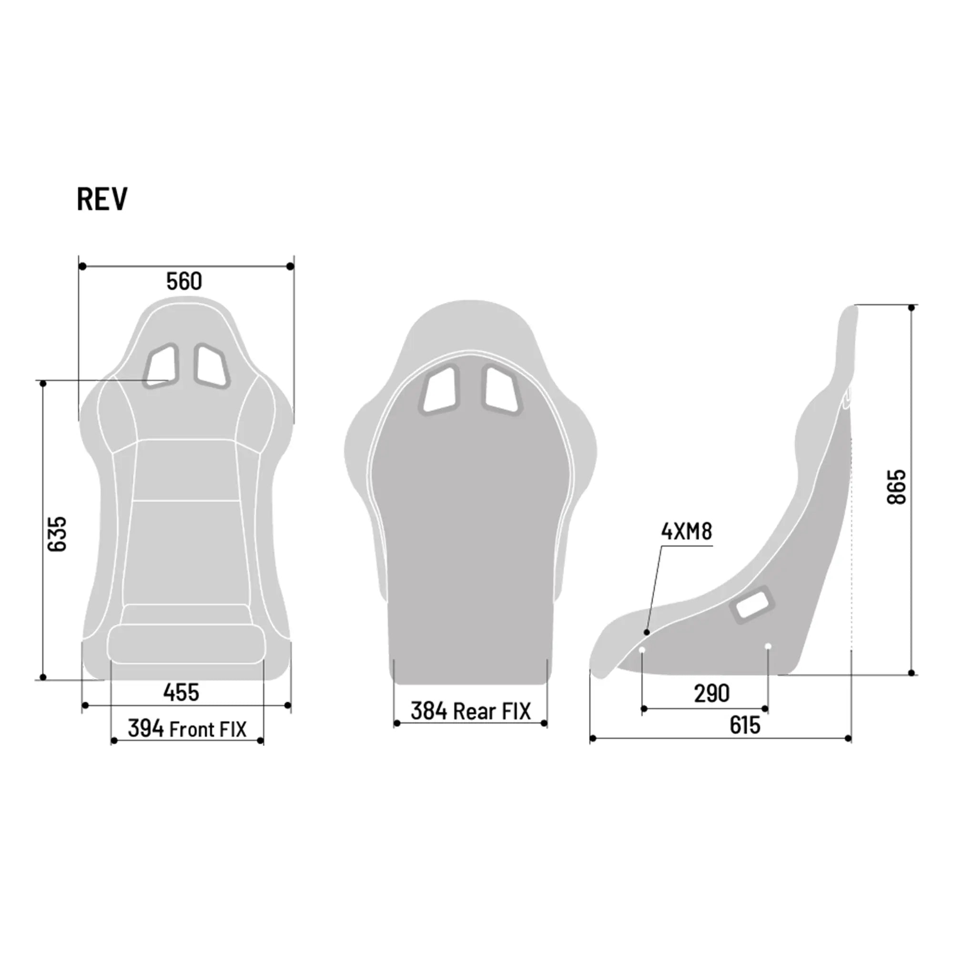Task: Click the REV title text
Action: pyautogui.click(x=102, y=199)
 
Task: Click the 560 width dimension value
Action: pyautogui.click(x=184, y=281)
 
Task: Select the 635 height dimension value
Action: pyautogui.click(x=57, y=534)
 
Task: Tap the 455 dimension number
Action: pyautogui.click(x=181, y=692)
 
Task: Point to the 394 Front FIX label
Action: pyautogui.click(x=187, y=729)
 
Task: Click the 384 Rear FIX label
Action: pyautogui.click(x=471, y=711)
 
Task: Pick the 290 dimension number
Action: pyautogui.click(x=711, y=693)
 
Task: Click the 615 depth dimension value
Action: pyautogui.click(x=744, y=725)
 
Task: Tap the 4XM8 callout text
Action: pyautogui.click(x=686, y=532)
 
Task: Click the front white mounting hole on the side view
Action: pyautogui.click(x=642, y=650)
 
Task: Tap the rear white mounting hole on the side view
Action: pyautogui.click(x=768, y=646)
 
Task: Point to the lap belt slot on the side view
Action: pyautogui.click(x=752, y=605)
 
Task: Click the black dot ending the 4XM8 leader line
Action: pyautogui.click(x=647, y=632)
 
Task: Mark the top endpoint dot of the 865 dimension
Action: pyautogui.click(x=912, y=308)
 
